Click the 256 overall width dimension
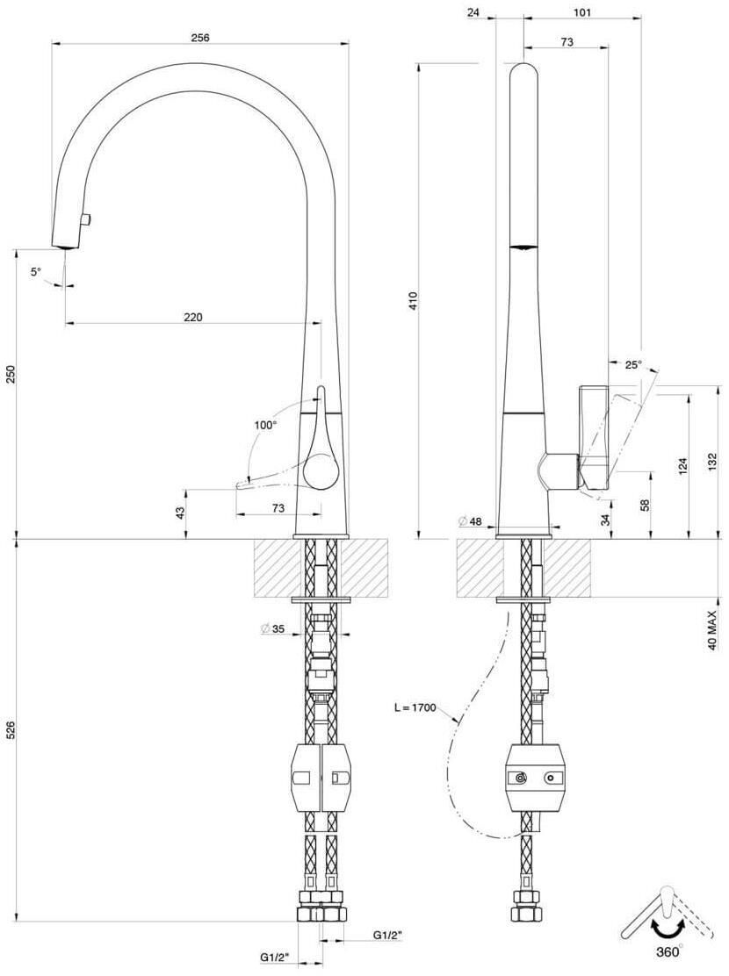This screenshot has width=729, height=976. [200, 38]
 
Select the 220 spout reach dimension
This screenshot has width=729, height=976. [192, 317]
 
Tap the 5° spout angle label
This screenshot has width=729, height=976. [35, 271]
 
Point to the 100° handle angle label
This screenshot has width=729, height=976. [264, 426]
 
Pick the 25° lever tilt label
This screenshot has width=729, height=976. [633, 365]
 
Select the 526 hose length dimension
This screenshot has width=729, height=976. [10, 731]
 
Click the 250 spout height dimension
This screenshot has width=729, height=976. [10, 374]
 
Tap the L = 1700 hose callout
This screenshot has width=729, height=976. [415, 707]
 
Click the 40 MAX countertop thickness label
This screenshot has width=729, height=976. [714, 630]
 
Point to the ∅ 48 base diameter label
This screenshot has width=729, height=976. [470, 521]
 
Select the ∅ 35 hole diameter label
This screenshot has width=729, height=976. [272, 629]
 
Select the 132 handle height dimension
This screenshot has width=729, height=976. [714, 461]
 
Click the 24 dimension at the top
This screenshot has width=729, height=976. [473, 11]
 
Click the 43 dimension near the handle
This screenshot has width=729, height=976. [180, 513]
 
